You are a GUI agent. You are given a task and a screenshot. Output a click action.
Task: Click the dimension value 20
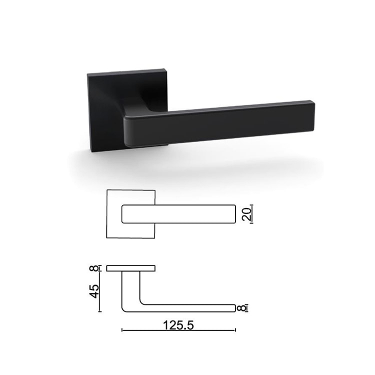click(x=245, y=214)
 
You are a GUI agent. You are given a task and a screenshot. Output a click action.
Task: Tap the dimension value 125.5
click(x=178, y=324)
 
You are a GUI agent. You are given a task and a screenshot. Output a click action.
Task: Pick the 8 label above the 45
click(x=94, y=268)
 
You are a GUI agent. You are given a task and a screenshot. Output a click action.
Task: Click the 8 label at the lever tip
click(x=243, y=308)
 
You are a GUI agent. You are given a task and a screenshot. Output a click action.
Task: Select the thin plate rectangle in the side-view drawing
click(x=131, y=268)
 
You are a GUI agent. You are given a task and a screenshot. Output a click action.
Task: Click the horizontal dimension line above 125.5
click(x=178, y=330)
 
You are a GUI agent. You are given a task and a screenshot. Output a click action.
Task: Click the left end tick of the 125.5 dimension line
click(x=122, y=330)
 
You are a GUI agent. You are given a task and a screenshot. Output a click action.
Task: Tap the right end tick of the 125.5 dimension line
click(x=234, y=330)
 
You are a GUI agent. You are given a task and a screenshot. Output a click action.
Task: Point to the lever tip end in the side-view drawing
click(x=234, y=308)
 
